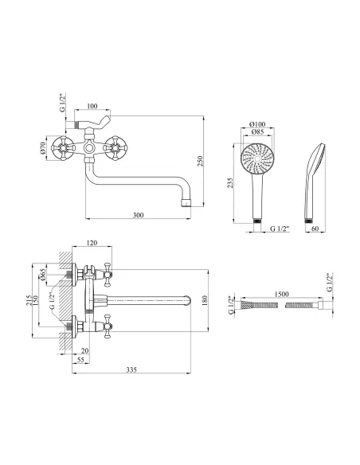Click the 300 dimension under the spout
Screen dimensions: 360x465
139,215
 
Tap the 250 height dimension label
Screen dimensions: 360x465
200,161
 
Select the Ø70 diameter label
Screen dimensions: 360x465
42,148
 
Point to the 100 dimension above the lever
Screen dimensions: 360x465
92,106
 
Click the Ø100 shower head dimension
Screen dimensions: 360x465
257,124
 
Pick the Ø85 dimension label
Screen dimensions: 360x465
257,132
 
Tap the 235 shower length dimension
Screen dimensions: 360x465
230,183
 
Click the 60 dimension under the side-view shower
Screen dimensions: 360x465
315,229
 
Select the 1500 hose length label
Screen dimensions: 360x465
281,294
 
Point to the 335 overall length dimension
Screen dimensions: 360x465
131,369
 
